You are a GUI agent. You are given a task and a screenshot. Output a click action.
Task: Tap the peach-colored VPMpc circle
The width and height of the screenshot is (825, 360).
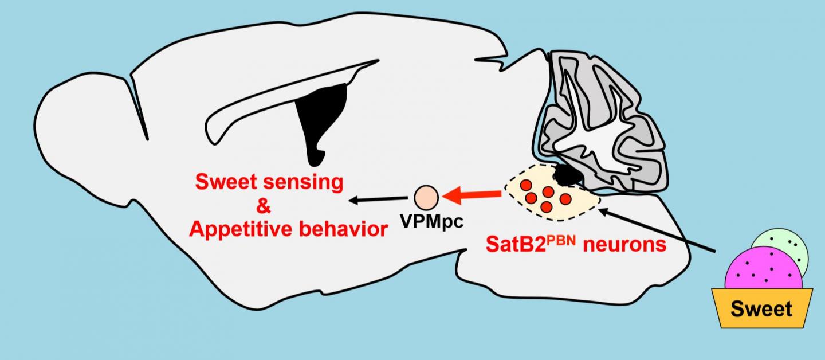click(426, 197)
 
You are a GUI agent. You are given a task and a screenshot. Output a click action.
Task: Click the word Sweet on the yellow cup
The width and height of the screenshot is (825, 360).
click(761, 309)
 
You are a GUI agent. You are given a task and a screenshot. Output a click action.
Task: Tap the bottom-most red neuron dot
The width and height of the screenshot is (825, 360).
click(546, 206)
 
